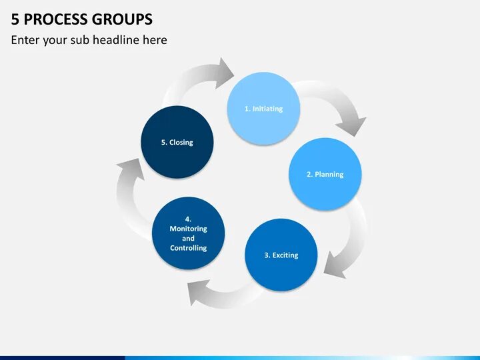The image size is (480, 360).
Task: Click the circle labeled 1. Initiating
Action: pyautogui.click(x=263, y=109)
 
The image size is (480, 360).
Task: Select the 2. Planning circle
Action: pyautogui.click(x=325, y=174)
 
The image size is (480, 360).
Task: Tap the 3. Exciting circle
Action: pyautogui.click(x=281, y=255)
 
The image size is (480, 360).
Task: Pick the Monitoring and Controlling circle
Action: pyautogui.click(x=188, y=233)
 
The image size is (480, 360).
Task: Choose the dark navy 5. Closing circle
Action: pyautogui.click(x=177, y=142)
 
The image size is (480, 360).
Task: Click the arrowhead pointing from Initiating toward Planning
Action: pyautogui.click(x=351, y=124)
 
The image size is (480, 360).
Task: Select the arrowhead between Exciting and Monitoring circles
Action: pyautogui.click(x=199, y=291)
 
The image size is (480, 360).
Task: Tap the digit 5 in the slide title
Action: pyautogui.click(x=15, y=19)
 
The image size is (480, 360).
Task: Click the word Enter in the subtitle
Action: pyautogui.click(x=25, y=40)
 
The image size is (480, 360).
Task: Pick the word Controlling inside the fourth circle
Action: pyautogui.click(x=188, y=248)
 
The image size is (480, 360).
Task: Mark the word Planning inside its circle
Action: pyautogui.click(x=329, y=174)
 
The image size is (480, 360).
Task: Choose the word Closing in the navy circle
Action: pyautogui.click(x=181, y=142)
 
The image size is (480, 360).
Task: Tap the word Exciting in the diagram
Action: pyautogui.click(x=285, y=255)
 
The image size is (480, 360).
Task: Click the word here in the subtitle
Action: pyautogui.click(x=155, y=40)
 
